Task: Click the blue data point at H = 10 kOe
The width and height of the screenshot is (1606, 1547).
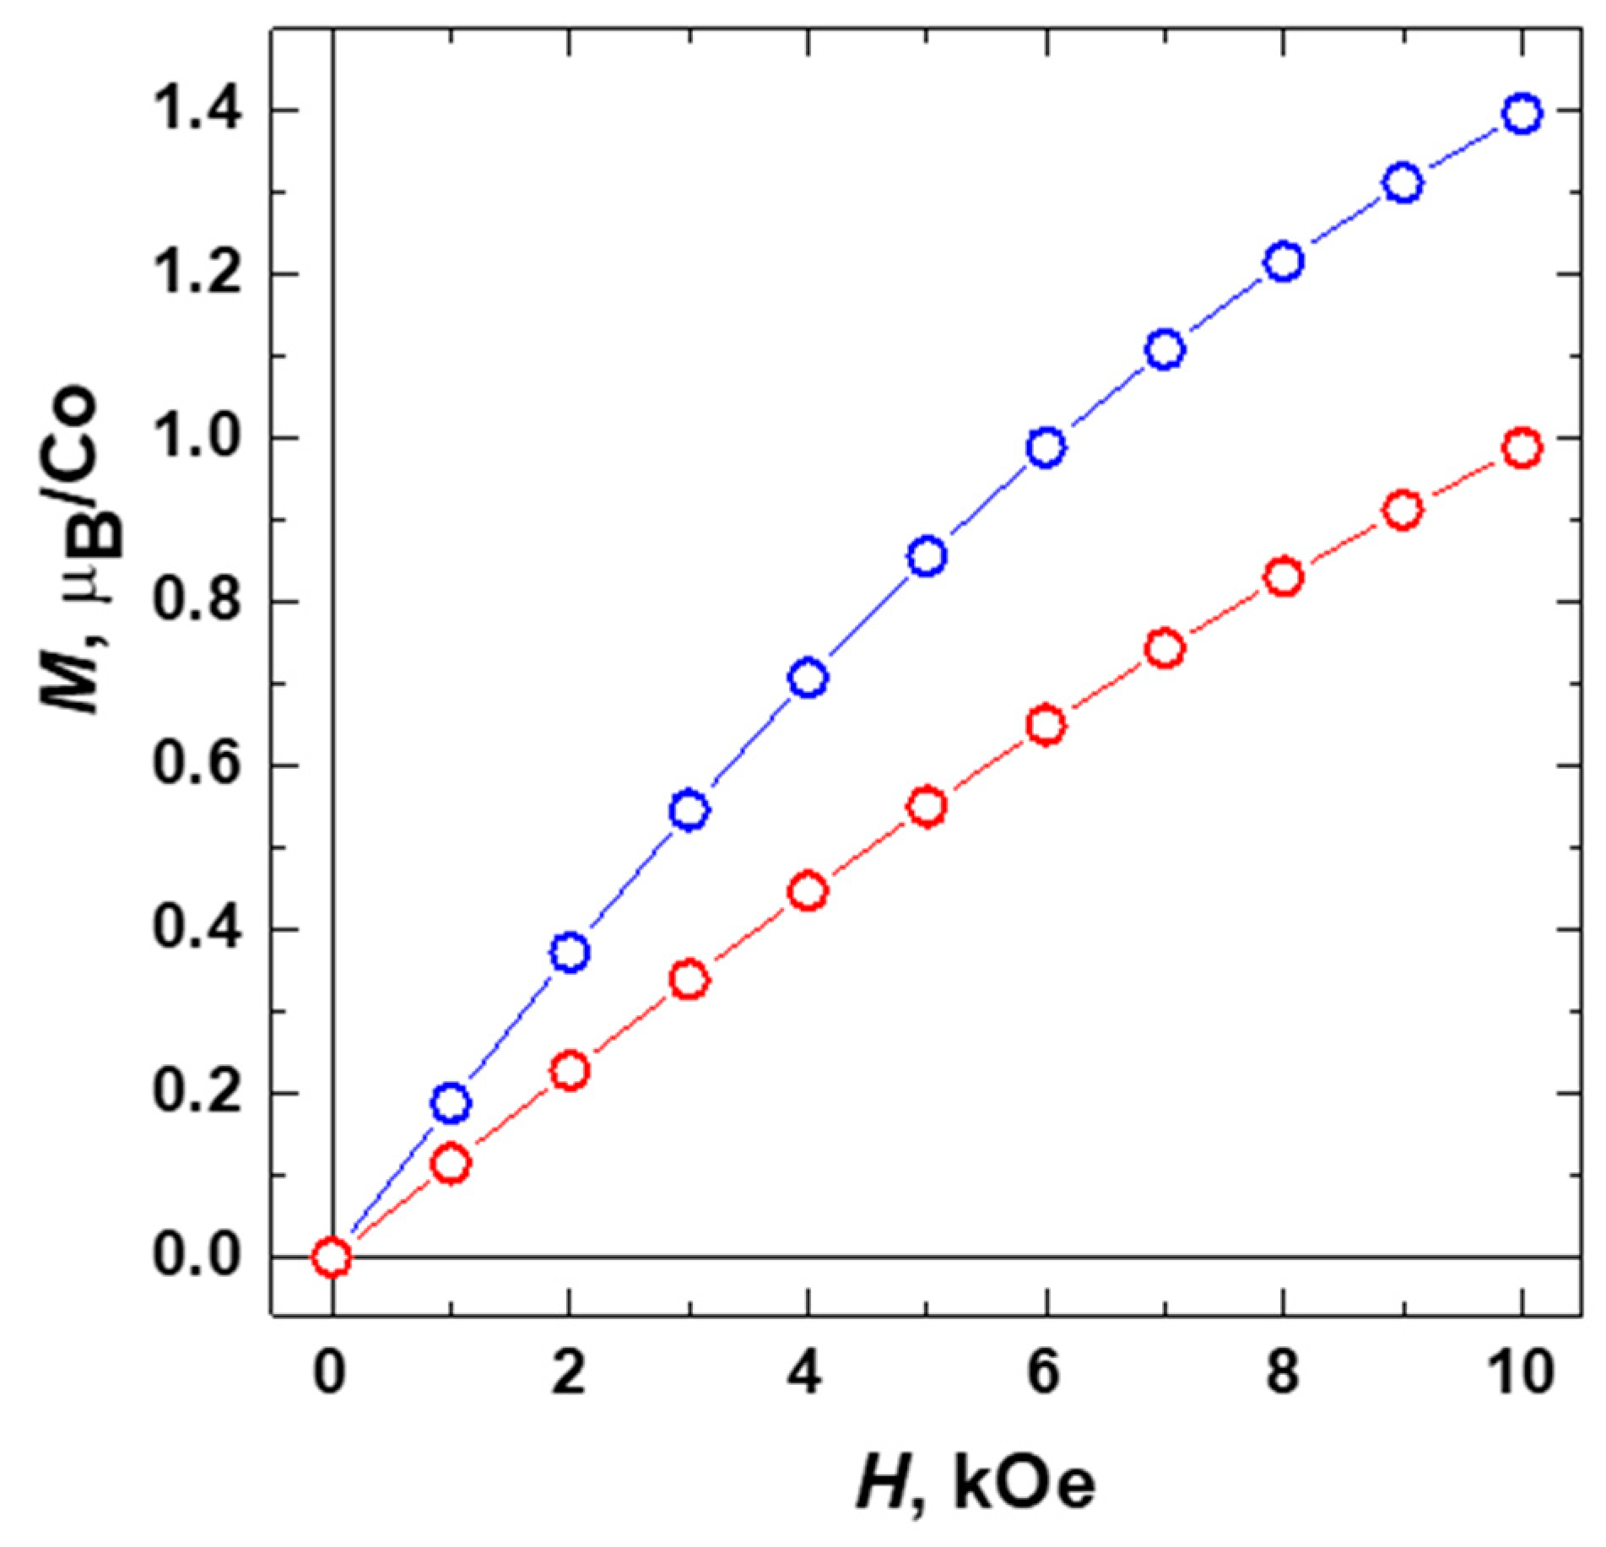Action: tap(1522, 113)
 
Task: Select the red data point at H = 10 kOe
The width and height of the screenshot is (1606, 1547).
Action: tap(1522, 447)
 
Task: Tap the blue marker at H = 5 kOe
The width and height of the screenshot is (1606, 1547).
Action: tap(927, 556)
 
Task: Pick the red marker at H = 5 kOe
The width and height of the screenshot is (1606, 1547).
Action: tap(927, 806)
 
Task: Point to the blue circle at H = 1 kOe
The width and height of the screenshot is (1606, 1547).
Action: tap(452, 1102)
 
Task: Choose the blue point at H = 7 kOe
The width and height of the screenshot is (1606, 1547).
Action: tap(1165, 349)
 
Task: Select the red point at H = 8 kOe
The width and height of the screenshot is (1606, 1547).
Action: tap(1284, 577)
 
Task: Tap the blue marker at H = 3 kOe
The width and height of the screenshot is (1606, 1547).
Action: tap(690, 810)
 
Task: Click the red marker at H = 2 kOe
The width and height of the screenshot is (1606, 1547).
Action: tap(570, 1071)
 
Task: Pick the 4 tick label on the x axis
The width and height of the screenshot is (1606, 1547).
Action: tap(806, 1372)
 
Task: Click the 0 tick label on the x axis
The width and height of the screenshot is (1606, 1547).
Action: tap(329, 1372)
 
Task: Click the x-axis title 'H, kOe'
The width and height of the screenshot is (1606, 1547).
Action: tap(976, 1485)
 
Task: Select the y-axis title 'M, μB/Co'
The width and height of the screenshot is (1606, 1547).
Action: tap(72, 549)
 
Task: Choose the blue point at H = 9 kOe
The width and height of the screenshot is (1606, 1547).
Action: tap(1403, 183)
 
